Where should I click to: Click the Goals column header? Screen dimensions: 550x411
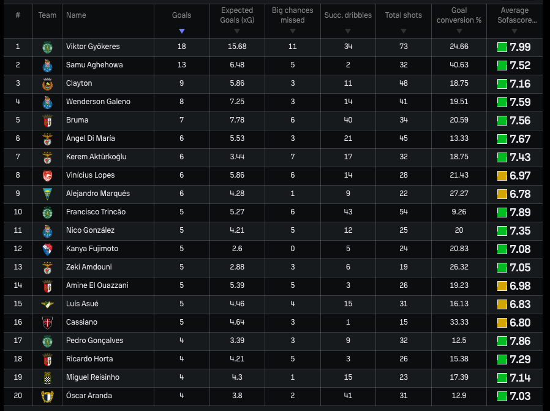tap(181, 15)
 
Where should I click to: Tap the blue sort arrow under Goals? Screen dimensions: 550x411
tap(182, 31)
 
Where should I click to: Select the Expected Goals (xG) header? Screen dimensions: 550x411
tap(237, 15)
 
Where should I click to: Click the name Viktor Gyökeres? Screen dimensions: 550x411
tap(92, 47)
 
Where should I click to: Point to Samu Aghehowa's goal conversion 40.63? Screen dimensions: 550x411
tap(459, 65)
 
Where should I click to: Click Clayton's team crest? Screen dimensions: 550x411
tap(47, 84)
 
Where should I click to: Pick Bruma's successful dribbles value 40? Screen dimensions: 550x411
tap(348, 120)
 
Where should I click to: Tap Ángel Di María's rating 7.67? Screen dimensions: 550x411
tap(520, 139)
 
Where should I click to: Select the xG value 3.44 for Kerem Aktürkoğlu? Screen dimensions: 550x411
tap(237, 157)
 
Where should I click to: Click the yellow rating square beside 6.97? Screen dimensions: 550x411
tap(502, 176)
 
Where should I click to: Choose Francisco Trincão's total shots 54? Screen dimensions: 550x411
tap(404, 212)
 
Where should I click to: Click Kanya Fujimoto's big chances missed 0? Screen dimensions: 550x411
tap(293, 249)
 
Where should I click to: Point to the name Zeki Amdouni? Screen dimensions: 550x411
tap(89, 267)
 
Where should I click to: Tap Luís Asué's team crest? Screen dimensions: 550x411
tap(47, 304)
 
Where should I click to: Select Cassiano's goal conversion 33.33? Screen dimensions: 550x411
tap(459, 322)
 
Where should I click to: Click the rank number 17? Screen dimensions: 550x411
tap(18, 341)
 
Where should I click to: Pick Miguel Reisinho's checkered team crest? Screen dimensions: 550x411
tap(47, 378)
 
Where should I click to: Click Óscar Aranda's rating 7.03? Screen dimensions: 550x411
tap(520, 396)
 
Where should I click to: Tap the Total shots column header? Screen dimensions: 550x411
tap(404, 15)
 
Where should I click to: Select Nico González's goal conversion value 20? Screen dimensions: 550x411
tap(459, 230)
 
